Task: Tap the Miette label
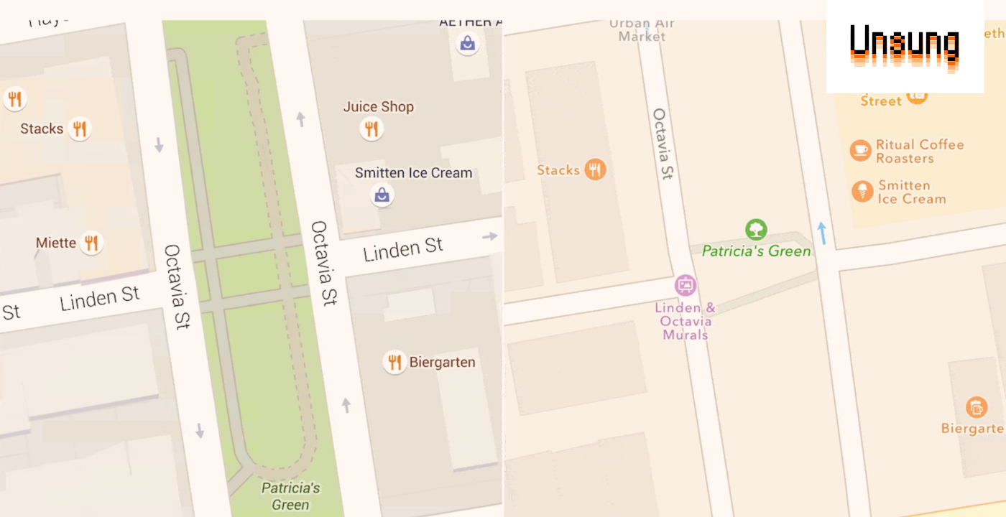pos(56,243)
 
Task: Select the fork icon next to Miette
pos(91,243)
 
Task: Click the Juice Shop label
pos(378,107)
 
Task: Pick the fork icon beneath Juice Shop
pos(371,129)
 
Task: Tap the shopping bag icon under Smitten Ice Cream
pos(382,195)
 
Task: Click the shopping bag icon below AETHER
pos(468,44)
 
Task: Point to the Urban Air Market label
pos(642,29)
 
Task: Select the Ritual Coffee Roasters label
pos(919,152)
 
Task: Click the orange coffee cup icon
pos(860,150)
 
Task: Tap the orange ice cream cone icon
pos(862,191)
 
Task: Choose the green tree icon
pos(755,230)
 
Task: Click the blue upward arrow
pos(821,233)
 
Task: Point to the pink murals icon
pos(686,285)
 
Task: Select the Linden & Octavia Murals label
pos(686,321)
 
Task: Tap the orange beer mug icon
pos(976,407)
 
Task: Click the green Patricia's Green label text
pos(756,251)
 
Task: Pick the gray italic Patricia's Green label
pos(290,496)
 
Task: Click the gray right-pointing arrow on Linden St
pos(490,236)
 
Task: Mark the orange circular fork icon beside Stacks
pos(595,169)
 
